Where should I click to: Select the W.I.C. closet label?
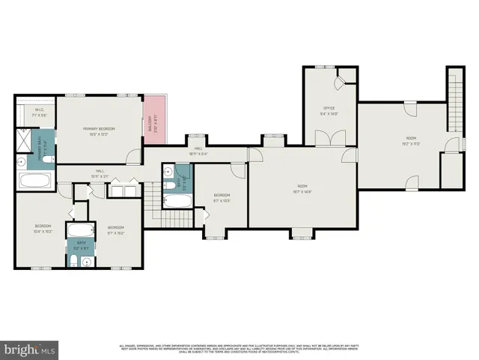coord(40,110)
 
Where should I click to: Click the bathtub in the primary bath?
coord(35,181)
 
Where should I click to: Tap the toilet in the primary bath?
coord(47,160)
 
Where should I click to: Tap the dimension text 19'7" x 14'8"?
coord(302,191)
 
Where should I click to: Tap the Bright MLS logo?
coord(30,349)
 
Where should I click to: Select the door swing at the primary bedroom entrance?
coord(132,156)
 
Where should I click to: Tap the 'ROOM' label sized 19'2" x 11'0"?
coord(411,139)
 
